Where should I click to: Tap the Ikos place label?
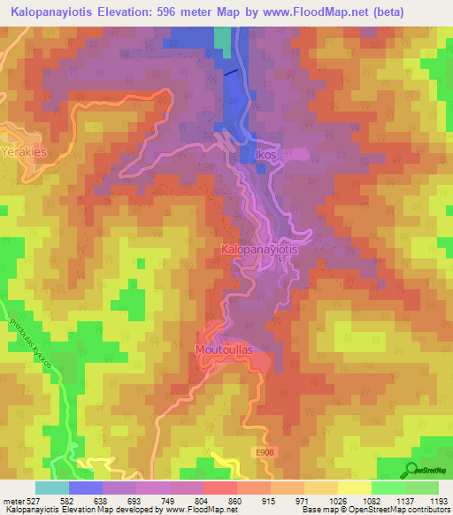coord(266,155)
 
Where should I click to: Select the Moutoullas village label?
coord(224,350)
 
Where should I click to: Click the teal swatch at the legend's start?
coord(52,488)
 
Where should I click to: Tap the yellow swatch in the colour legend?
coord(354,488)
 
